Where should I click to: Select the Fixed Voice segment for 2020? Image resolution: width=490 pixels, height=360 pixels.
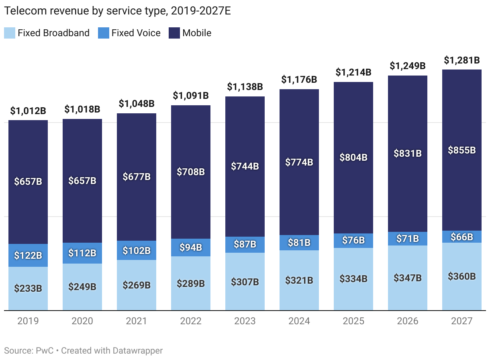[82, 253]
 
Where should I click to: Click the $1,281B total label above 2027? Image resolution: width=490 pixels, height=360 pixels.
[462, 60]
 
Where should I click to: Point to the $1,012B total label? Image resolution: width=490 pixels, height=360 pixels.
[28, 111]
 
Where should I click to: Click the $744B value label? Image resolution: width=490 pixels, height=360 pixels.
[245, 166]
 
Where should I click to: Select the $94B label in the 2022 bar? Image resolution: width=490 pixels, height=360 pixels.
[191, 247]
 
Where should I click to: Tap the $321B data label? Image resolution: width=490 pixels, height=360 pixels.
[299, 280]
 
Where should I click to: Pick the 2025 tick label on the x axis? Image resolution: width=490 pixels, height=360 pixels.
[353, 321]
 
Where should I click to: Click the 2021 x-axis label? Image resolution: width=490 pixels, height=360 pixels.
[137, 321]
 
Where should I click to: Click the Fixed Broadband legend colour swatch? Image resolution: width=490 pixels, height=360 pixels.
[10, 33]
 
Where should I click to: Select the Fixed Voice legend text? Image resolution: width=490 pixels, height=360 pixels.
[136, 33]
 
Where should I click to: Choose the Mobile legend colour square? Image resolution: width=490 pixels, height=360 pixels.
[174, 33]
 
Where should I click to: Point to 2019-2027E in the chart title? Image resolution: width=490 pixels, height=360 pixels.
[201, 12]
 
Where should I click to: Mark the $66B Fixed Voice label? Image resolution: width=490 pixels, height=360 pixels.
[462, 237]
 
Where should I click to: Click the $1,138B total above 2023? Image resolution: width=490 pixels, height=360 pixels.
[245, 86]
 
